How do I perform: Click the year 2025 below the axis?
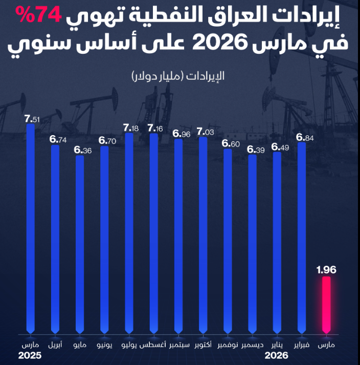[x=30, y=355]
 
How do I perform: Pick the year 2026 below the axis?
[x=276, y=355]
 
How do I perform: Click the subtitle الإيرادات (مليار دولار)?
[x=178, y=77]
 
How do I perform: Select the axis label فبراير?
[x=302, y=345]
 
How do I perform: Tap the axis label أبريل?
[x=56, y=345]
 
